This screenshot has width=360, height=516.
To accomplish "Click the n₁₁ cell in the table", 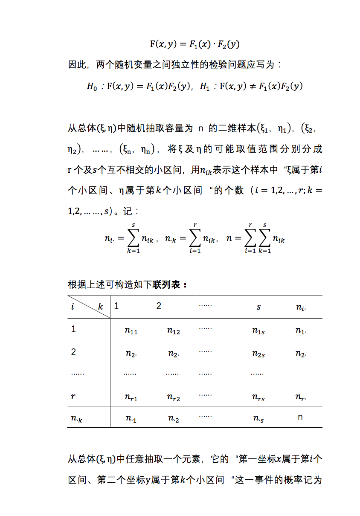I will click(131, 331).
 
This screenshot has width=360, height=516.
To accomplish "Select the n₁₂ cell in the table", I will click(173, 331).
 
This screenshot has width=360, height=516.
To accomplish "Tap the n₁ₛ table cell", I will click(258, 331).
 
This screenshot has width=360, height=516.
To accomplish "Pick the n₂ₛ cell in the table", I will click(258, 354).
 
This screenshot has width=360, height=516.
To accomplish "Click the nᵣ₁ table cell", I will click(131, 397).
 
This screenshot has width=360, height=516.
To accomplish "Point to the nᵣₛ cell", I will click(258, 397).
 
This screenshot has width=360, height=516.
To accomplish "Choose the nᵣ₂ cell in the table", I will click(173, 397).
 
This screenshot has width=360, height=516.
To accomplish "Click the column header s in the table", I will click(258, 307).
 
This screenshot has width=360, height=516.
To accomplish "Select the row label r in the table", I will click(73, 396).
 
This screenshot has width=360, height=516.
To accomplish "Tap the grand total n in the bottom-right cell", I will click(300, 417).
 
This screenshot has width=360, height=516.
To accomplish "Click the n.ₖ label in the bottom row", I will click(77, 419).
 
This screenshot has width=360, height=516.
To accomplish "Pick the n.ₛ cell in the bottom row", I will click(258, 419).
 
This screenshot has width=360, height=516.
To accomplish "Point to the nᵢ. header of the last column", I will click(301, 307).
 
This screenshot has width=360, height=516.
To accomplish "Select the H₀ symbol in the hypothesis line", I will click(92, 87).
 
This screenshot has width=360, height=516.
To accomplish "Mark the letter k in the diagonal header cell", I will click(101, 306).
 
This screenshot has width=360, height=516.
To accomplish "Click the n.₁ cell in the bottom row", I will click(131, 419).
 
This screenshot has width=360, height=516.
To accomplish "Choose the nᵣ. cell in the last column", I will click(301, 397).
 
